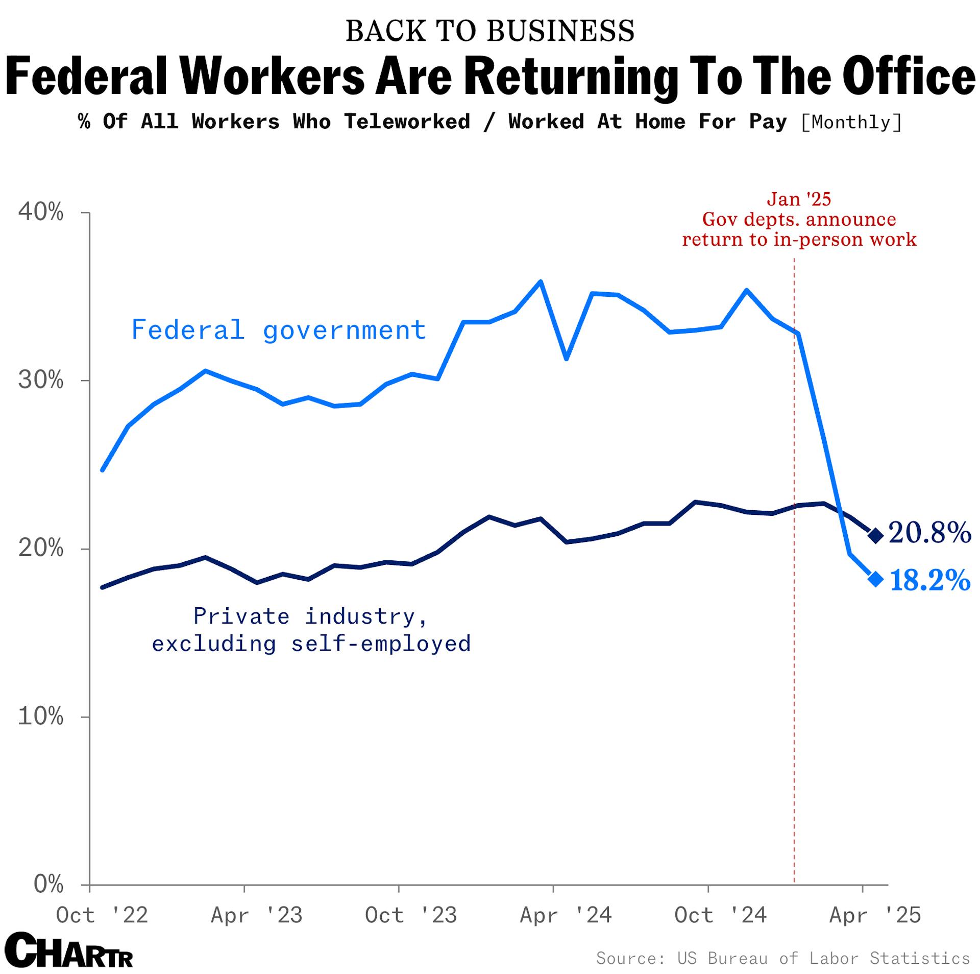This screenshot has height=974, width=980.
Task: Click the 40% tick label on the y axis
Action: [41, 211]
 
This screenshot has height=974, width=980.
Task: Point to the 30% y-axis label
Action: [41, 380]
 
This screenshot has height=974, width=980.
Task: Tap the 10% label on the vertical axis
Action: [41, 717]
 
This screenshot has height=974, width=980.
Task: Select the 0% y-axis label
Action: [48, 884]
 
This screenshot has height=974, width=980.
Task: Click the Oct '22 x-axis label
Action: [102, 915]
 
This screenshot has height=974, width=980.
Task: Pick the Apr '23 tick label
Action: [256, 915]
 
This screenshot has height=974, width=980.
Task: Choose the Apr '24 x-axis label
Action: [566, 915]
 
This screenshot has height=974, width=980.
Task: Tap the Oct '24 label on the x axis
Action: [720, 915]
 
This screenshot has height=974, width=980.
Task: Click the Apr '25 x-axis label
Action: [875, 915]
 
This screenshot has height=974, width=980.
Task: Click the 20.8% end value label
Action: [929, 533]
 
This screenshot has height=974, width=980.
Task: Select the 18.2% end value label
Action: [929, 580]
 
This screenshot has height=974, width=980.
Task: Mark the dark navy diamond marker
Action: [875, 535]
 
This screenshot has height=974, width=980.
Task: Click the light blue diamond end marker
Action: [875, 579]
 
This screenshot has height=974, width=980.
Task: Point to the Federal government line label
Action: [279, 330]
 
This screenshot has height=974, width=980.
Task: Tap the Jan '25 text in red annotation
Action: [799, 199]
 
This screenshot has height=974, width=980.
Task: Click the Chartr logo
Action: [69, 950]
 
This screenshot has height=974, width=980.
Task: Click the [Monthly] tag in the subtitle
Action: [851, 122]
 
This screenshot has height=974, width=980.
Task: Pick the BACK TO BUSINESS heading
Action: [490, 31]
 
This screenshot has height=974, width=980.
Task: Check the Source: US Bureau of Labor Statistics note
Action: [782, 958]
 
